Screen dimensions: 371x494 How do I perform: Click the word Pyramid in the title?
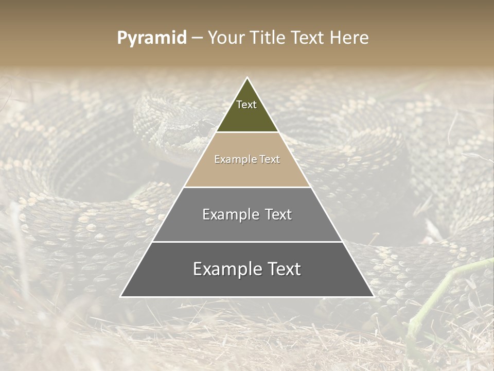click(152, 38)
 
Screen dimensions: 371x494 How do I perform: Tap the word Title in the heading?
click(266, 38)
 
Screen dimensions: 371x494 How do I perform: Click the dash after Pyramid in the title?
click(197, 38)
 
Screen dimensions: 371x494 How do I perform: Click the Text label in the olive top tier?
click(246, 105)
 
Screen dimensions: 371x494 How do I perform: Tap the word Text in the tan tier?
click(269, 159)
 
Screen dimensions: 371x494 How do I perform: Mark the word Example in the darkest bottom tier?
click(225, 269)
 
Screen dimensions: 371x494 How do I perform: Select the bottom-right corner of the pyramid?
click(373, 296)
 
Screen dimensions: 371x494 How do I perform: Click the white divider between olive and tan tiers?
click(247, 132)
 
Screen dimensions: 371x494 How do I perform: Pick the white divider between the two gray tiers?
click(247, 242)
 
